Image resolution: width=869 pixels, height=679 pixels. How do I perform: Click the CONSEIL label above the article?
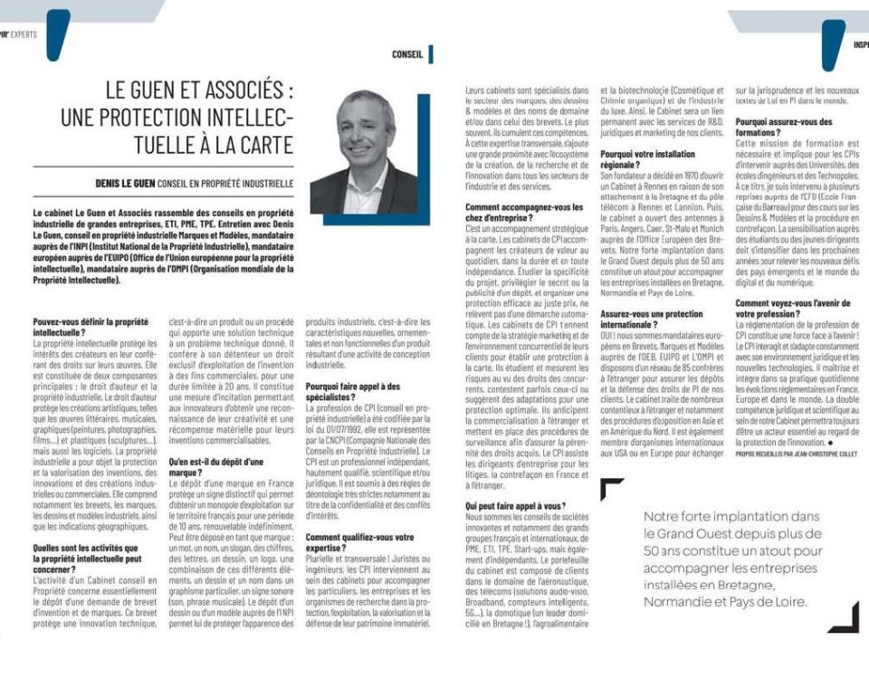pyautogui.click(x=407, y=54)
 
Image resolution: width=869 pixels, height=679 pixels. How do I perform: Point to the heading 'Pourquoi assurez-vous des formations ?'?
pyautogui.click(x=784, y=127)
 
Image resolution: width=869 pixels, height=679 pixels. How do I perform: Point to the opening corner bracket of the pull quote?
pyautogui.click(x=611, y=490)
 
